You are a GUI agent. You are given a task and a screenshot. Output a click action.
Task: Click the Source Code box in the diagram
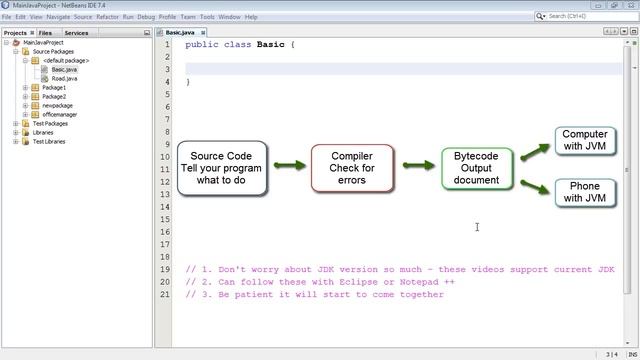pyautogui.click(x=221, y=168)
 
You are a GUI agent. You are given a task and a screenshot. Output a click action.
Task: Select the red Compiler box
pyautogui.click(x=352, y=168)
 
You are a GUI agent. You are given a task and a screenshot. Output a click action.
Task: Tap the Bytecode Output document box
pyautogui.click(x=477, y=168)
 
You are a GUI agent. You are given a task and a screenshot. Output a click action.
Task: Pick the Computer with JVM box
pyautogui.click(x=585, y=140)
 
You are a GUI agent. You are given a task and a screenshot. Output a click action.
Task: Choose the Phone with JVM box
pyautogui.click(x=585, y=192)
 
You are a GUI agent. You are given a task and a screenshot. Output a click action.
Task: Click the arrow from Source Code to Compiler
pyautogui.click(x=289, y=165)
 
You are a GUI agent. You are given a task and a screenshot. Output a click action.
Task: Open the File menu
pyautogui.click(x=7, y=17)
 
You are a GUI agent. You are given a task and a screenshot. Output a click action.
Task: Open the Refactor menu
pyautogui.click(x=107, y=17)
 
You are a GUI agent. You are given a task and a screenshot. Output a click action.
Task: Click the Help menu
pyautogui.click(x=251, y=17)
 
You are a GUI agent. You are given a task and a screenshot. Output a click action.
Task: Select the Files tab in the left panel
pyautogui.click(x=45, y=33)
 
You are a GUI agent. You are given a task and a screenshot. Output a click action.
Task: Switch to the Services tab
pyautogui.click(x=76, y=33)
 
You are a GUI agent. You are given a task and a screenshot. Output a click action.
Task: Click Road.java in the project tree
pyautogui.click(x=64, y=78)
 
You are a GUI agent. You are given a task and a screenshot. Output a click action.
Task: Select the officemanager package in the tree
pyautogui.click(x=60, y=114)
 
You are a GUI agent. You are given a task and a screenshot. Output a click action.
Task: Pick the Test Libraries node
pyautogui.click(x=49, y=141)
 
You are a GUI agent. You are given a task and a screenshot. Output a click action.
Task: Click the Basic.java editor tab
pyautogui.click(x=180, y=33)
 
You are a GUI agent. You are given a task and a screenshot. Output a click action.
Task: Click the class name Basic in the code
pyautogui.click(x=270, y=45)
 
